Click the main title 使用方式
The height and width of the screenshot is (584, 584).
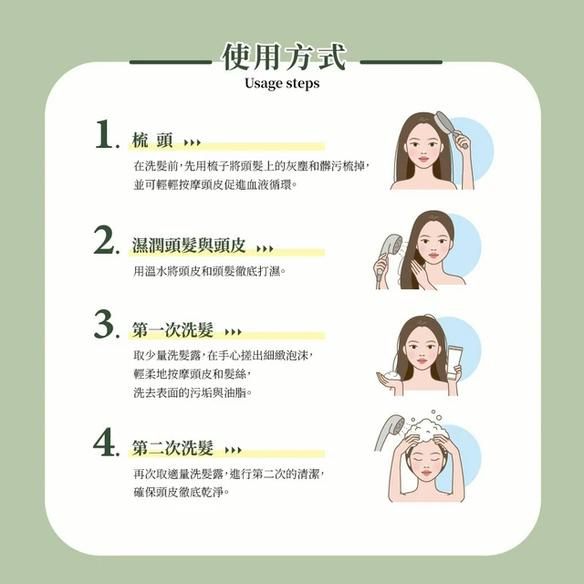(x=284, y=57)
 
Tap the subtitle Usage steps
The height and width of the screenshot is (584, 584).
(x=282, y=83)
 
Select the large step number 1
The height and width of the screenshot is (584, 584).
(x=104, y=134)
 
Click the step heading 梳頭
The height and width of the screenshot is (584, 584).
(x=152, y=141)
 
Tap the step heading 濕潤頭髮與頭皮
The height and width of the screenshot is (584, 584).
(x=189, y=245)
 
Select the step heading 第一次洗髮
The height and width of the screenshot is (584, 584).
(x=172, y=330)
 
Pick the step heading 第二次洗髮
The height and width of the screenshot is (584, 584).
(x=172, y=448)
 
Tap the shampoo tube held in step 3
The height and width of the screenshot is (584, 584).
(x=454, y=362)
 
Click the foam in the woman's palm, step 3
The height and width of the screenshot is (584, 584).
(x=392, y=375)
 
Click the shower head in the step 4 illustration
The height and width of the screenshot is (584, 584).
(x=390, y=431)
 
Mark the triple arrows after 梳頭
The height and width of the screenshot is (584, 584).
(x=193, y=142)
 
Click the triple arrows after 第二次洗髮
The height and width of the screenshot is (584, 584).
(x=234, y=450)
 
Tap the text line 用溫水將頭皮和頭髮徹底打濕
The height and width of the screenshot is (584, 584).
(x=209, y=271)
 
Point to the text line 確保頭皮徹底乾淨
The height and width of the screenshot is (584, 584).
(x=181, y=493)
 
